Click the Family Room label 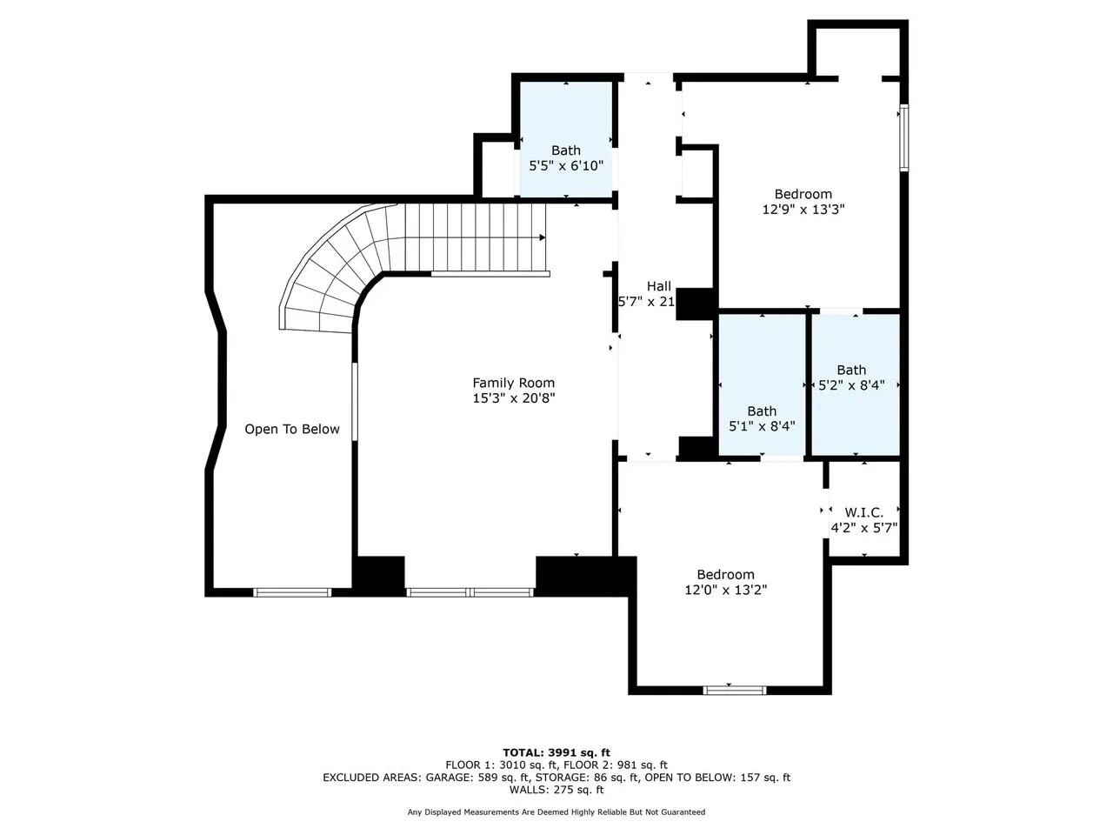tap(513, 383)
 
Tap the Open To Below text tap(291, 430)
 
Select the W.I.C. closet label tap(863, 512)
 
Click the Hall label tap(659, 286)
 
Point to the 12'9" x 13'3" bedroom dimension tap(803, 210)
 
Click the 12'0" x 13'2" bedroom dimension tap(725, 590)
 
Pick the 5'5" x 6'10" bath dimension tap(566, 166)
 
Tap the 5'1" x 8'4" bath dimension tap(762, 426)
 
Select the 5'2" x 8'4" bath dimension tap(851, 385)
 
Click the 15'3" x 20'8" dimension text tap(514, 398)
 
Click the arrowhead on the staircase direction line tap(543, 237)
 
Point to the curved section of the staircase tap(330, 274)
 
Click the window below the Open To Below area tap(292, 592)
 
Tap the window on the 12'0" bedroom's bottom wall tap(735, 690)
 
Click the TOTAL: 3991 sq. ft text tap(556, 753)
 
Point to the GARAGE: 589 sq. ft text tap(477, 778)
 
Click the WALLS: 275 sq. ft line tap(556, 790)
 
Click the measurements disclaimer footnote tap(556, 812)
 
